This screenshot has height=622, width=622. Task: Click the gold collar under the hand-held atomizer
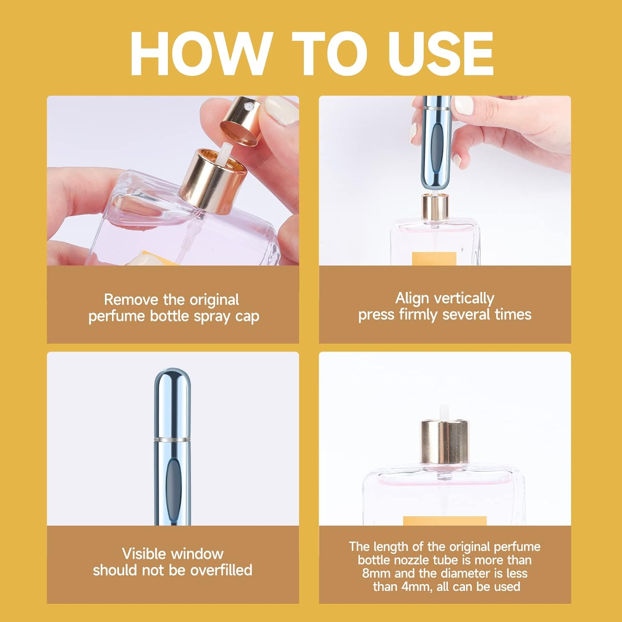point(435,207)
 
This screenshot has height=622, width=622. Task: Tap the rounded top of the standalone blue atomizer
point(172,379)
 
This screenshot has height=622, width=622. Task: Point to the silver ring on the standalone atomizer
point(172,439)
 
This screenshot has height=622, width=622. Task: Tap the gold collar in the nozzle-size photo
point(445,442)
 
